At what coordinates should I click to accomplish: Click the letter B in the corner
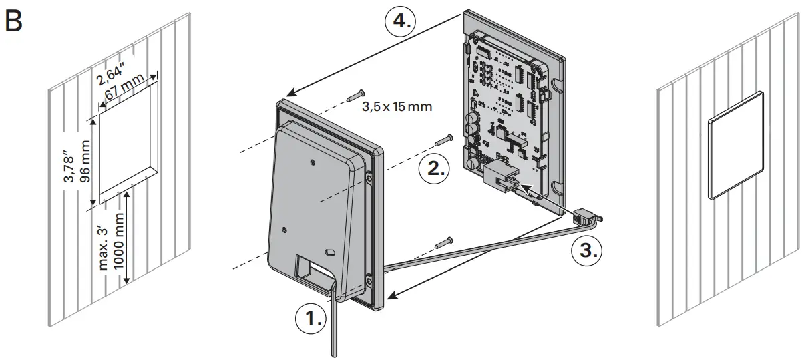point(13,21)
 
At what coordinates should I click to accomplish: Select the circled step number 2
point(435,168)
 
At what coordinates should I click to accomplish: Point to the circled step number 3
point(586,251)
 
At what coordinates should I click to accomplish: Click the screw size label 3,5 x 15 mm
point(397,106)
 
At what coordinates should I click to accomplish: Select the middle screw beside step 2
point(445,140)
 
